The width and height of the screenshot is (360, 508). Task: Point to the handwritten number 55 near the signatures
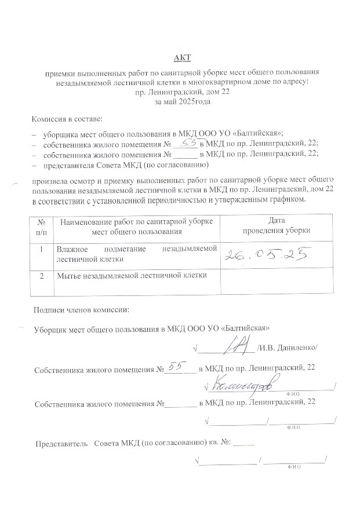(x=174, y=365)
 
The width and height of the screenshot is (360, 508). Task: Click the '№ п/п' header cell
(x=41, y=225)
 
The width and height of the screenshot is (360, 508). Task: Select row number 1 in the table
(x=41, y=249)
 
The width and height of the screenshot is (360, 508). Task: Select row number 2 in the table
(x=41, y=276)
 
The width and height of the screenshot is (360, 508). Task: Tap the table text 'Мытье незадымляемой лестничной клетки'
(x=132, y=276)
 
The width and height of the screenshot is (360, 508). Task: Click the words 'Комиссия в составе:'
(x=67, y=119)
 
